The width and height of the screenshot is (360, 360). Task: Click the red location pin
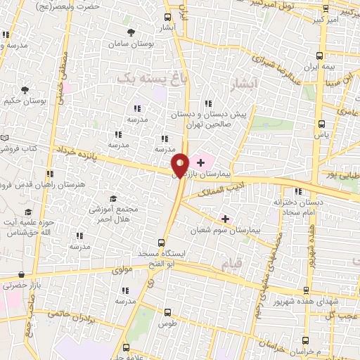pos(180,165)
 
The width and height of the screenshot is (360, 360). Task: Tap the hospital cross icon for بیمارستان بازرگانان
pos(201,162)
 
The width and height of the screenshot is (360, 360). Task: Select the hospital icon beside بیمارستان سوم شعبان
pos(225,219)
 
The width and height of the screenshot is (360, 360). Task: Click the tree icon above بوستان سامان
pos(131,32)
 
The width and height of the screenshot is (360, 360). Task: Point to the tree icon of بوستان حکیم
pos(25,90)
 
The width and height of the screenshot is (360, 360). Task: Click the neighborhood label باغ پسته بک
pos(145,79)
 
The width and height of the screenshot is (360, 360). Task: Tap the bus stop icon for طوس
pos(167,311)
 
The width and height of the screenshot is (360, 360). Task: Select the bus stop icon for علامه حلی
pos(127,347)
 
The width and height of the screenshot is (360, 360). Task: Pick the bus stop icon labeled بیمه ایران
pos(320,55)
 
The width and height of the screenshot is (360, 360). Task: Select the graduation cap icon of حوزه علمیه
pos(28,212)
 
